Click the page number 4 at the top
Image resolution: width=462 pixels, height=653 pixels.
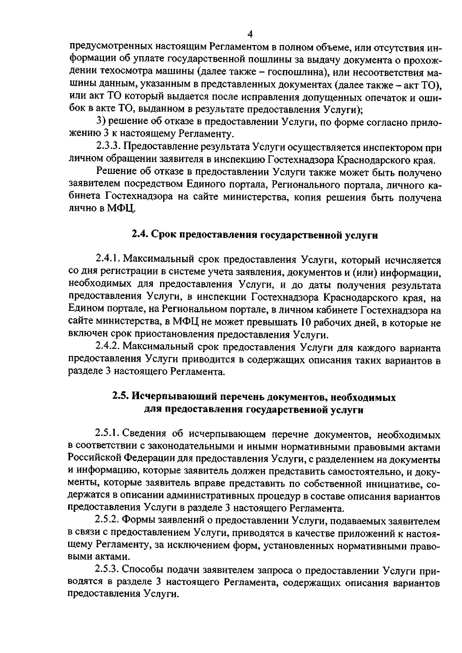250,35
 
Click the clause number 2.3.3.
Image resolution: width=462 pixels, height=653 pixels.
108,147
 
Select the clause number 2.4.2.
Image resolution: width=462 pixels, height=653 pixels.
108,347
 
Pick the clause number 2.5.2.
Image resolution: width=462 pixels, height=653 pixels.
108,520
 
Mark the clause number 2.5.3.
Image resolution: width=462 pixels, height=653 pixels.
108,570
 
